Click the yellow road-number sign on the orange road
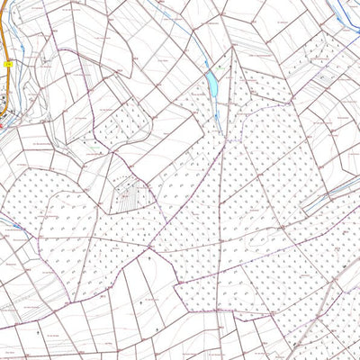[x=7, y=64]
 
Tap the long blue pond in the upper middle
[x=212, y=85]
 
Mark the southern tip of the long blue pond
[x=214, y=98]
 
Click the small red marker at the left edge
[x=2, y=127]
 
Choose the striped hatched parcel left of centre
[x=133, y=193]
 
